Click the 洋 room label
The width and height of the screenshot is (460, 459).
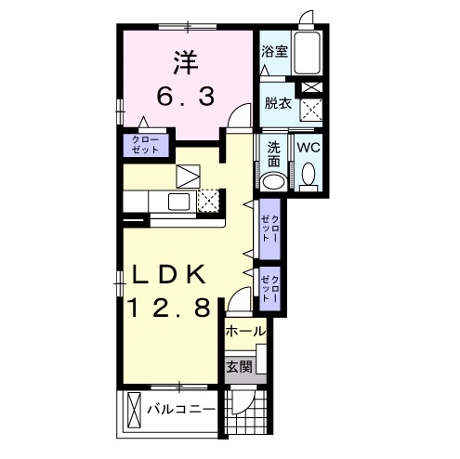tap(186, 62)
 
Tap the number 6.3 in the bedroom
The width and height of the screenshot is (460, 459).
tap(186, 96)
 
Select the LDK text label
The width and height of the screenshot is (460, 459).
tap(169, 274)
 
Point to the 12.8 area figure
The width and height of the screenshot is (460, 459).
tap(169, 308)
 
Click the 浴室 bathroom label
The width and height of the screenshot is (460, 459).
tap(274, 51)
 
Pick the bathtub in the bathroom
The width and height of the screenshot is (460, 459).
tap(307, 53)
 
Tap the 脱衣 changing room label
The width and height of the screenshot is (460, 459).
tap(278, 103)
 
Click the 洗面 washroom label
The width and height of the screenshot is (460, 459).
tap(273, 154)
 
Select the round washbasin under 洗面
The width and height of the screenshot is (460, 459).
tap(273, 183)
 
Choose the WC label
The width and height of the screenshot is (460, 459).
tap(309, 148)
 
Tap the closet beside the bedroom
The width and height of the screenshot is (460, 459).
tap(146, 145)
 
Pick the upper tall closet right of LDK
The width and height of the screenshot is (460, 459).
tap(269, 229)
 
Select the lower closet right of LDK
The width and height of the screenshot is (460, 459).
tap(269, 289)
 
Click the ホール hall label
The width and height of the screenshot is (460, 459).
tap(245, 332)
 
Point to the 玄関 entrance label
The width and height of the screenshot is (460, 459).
tap(240, 367)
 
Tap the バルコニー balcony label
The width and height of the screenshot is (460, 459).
tap(181, 410)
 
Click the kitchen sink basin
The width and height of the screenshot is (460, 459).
tap(179, 202)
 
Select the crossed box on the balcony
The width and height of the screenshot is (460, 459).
tap(135, 410)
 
